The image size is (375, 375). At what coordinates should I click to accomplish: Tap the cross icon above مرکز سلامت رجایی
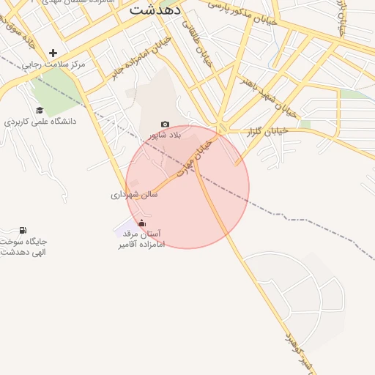[53, 53]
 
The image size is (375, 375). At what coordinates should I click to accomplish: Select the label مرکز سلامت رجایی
[53, 64]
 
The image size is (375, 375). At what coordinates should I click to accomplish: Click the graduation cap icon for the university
[40, 110]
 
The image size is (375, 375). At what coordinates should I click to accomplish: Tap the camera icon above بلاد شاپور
[165, 125]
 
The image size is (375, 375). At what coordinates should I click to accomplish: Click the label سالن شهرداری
[134, 195]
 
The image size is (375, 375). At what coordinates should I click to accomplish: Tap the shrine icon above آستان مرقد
[141, 223]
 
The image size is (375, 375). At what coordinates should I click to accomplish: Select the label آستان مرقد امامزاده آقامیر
[141, 238]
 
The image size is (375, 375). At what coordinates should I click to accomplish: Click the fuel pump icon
[23, 231]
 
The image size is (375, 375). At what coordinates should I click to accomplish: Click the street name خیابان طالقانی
[196, 44]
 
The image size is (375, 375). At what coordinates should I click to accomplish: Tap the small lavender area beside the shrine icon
[126, 229]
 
